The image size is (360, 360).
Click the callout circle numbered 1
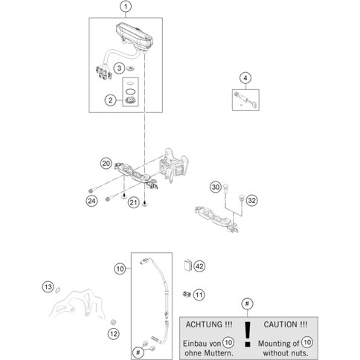click(126, 7)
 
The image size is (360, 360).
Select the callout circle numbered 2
click(110, 100)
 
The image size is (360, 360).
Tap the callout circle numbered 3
click(119, 68)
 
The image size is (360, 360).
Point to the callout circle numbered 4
click(245, 78)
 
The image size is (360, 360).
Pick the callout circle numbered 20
click(106, 164)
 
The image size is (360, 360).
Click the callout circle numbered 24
click(91, 201)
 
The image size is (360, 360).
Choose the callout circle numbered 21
click(134, 202)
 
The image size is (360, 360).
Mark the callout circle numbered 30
click(216, 187)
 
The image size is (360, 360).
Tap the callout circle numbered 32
click(251, 200)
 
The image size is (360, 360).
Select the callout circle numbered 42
click(199, 266)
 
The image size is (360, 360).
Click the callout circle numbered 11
click(199, 295)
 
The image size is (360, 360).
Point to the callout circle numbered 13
click(48, 287)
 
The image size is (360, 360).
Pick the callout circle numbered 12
click(114, 334)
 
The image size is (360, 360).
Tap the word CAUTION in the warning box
click(281, 324)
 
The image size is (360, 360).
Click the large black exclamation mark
click(247, 334)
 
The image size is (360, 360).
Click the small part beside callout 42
click(188, 266)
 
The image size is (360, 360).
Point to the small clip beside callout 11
click(187, 295)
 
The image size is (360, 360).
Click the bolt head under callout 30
click(225, 186)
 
